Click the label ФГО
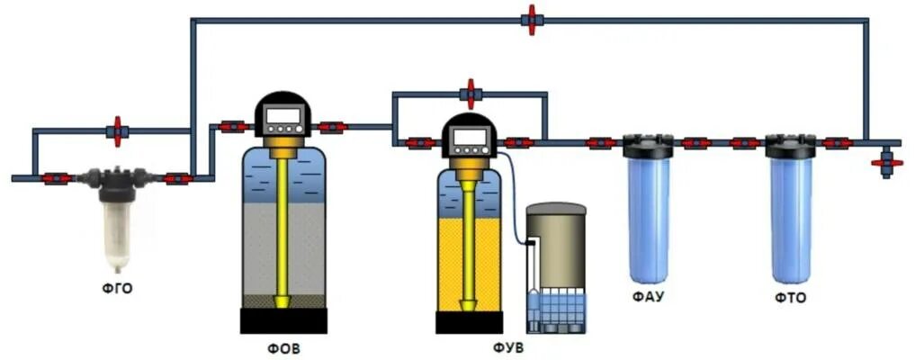coord(117,288)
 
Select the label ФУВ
coord(508,346)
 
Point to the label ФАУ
coord(648,294)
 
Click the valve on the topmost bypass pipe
coord(531,20)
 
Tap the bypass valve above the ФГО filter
coord(116,131)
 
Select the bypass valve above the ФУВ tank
coord(469,93)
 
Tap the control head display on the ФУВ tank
coord(469,138)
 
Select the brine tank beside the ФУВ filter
coord(555,270)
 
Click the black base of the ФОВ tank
coord(283,320)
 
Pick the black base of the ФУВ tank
coord(469,322)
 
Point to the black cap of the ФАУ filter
coord(648,145)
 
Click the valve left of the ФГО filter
coord(56,178)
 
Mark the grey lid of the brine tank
coord(556,210)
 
